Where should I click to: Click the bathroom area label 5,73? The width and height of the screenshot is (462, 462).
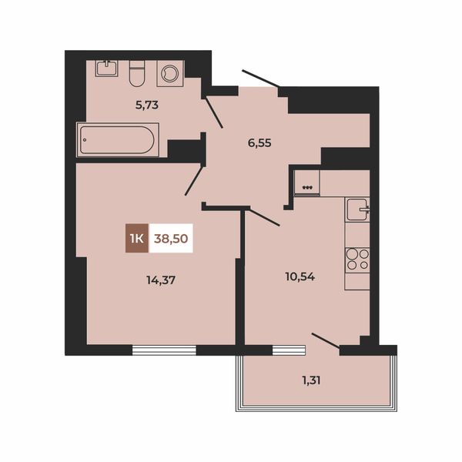147,105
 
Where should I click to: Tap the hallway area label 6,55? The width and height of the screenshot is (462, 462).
259,143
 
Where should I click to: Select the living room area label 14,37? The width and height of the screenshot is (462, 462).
161,280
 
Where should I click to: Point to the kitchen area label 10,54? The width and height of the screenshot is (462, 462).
300,276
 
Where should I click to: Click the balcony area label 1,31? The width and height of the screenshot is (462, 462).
311,380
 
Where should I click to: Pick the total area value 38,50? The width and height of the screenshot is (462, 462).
171,239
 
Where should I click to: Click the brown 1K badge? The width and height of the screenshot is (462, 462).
137,238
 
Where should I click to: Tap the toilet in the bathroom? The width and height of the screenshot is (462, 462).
137,74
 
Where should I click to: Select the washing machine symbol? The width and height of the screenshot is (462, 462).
171,73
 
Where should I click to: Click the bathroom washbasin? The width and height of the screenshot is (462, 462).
107,69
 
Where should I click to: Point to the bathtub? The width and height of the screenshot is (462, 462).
118,140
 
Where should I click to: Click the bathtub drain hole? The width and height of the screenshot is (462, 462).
85,140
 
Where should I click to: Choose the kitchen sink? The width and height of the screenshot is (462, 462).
357,209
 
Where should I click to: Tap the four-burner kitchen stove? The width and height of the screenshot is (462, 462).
358,259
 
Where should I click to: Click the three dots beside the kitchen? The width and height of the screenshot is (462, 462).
307,187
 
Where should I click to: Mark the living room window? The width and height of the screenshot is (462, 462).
164,350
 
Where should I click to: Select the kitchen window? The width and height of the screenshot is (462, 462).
289,350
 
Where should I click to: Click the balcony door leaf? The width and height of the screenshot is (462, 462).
326,341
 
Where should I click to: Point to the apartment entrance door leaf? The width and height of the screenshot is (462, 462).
261,79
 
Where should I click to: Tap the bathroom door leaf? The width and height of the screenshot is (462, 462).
214,112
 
